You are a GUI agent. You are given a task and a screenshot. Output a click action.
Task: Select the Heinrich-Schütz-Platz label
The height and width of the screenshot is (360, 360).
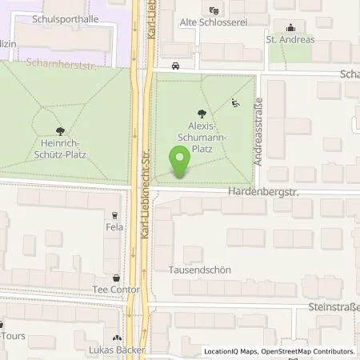[x=61, y=150]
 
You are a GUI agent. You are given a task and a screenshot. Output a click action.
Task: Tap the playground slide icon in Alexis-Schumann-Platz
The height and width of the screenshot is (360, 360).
[x=234, y=102]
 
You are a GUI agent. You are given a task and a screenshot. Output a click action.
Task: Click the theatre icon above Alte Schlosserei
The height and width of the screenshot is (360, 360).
[x=212, y=10]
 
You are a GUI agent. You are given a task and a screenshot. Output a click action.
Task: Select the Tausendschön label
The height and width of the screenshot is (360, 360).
[x=200, y=270]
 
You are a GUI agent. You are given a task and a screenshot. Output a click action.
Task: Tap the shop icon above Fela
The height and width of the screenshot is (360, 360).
[x=115, y=214]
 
